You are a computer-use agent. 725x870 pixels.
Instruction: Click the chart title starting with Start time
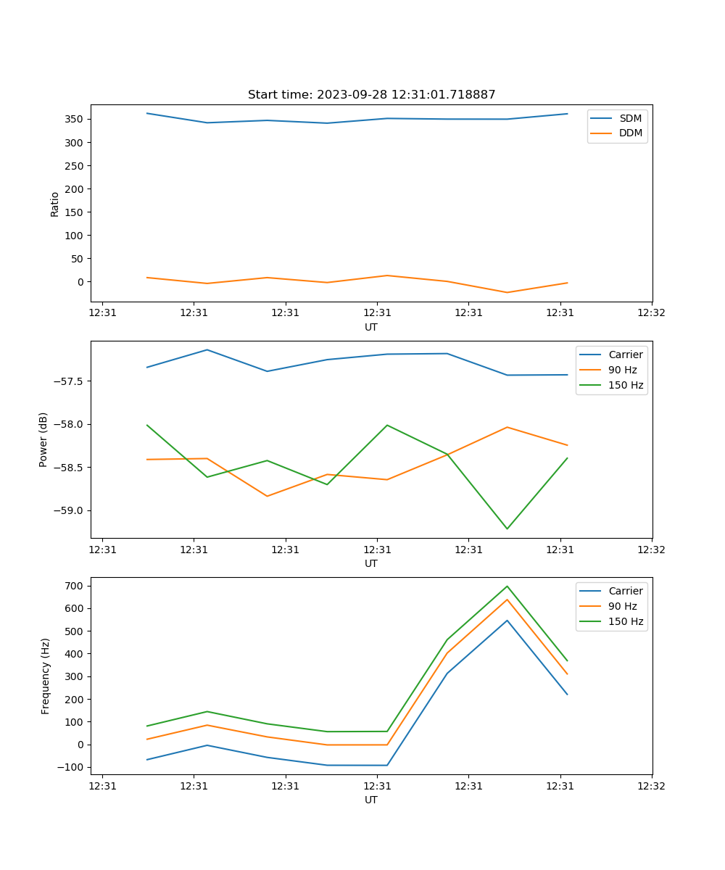click(371, 95)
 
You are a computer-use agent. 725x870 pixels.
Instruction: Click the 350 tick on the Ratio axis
click(75, 119)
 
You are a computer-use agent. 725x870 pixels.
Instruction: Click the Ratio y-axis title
click(55, 204)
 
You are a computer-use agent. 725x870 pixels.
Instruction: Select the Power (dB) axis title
click(44, 439)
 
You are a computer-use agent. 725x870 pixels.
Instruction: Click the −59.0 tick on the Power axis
click(70, 510)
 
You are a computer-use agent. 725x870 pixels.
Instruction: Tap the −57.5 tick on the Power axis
click(70, 381)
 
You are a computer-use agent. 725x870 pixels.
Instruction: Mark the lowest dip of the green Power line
click(507, 529)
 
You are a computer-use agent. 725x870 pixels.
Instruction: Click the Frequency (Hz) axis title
click(46, 676)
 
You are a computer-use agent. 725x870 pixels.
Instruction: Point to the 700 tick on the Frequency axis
click(75, 586)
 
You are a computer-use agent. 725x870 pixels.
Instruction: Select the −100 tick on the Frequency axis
click(72, 767)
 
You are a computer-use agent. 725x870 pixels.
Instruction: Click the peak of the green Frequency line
click(507, 587)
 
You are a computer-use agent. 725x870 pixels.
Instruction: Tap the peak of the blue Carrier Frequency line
click(507, 620)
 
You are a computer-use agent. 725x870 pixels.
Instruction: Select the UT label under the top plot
click(371, 327)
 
